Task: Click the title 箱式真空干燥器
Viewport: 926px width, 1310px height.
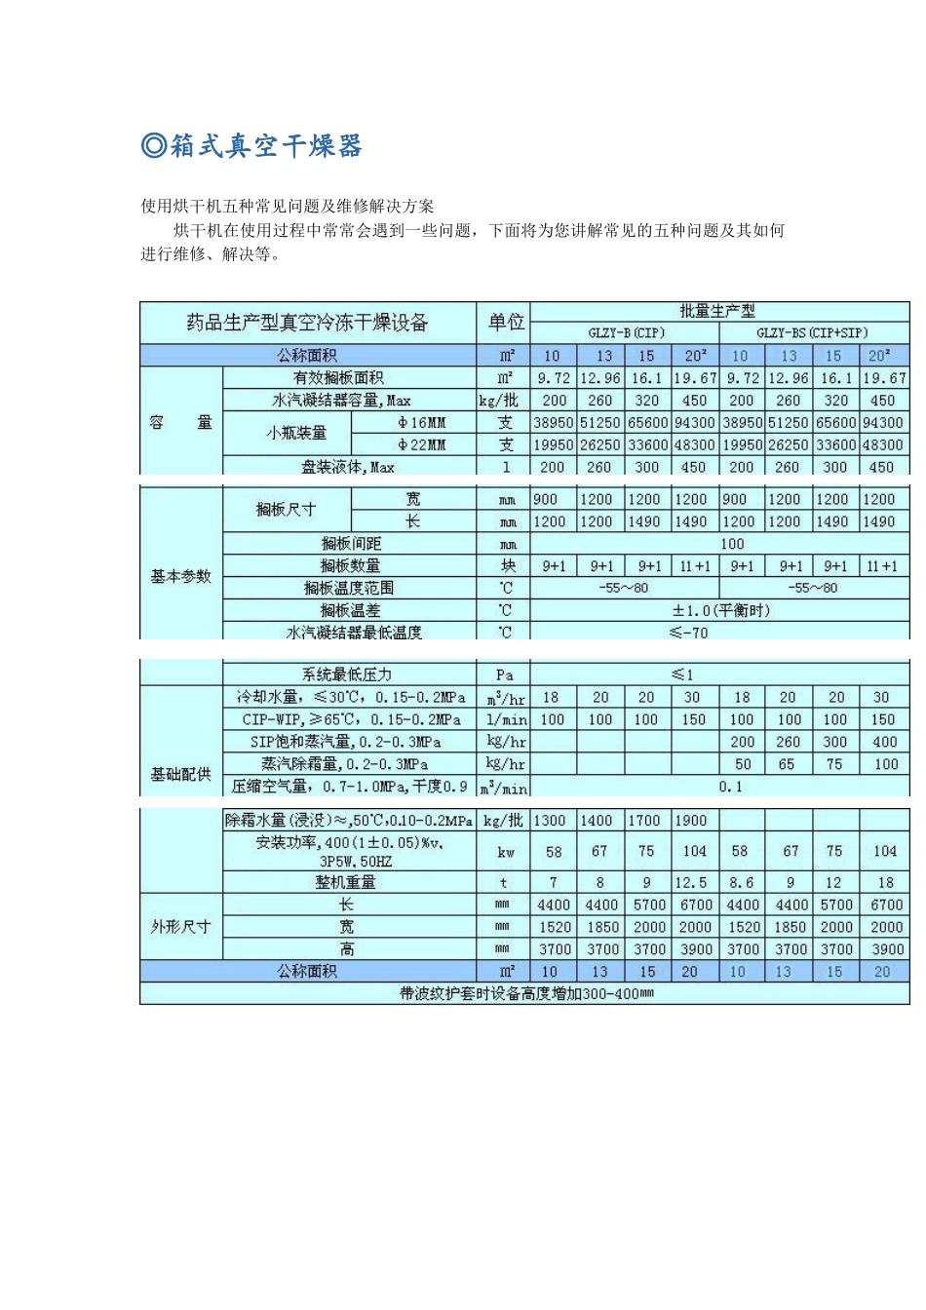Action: (252, 146)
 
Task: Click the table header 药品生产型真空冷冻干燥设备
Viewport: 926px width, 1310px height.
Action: (307, 323)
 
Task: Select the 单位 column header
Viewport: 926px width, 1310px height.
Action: (506, 323)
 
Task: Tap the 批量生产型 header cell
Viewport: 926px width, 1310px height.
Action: (717, 311)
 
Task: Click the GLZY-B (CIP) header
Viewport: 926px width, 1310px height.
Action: (626, 333)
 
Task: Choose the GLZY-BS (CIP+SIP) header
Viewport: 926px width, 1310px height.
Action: (812, 333)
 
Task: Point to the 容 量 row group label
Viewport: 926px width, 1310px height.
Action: (180, 422)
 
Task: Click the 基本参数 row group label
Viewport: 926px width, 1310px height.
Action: (180, 576)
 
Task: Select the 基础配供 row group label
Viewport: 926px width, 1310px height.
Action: (180, 774)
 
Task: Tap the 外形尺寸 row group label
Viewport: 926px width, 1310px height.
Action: (180, 926)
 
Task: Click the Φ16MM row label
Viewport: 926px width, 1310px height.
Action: (421, 423)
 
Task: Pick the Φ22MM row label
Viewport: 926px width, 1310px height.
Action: (421, 445)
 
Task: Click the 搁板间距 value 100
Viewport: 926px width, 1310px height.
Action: (732, 544)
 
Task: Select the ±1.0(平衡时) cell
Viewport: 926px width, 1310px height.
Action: (720, 611)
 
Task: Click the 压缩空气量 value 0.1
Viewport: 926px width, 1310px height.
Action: (730, 787)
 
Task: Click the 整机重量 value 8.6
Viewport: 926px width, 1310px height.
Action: (741, 882)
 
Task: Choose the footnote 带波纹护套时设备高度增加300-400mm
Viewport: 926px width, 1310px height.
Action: (526, 993)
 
